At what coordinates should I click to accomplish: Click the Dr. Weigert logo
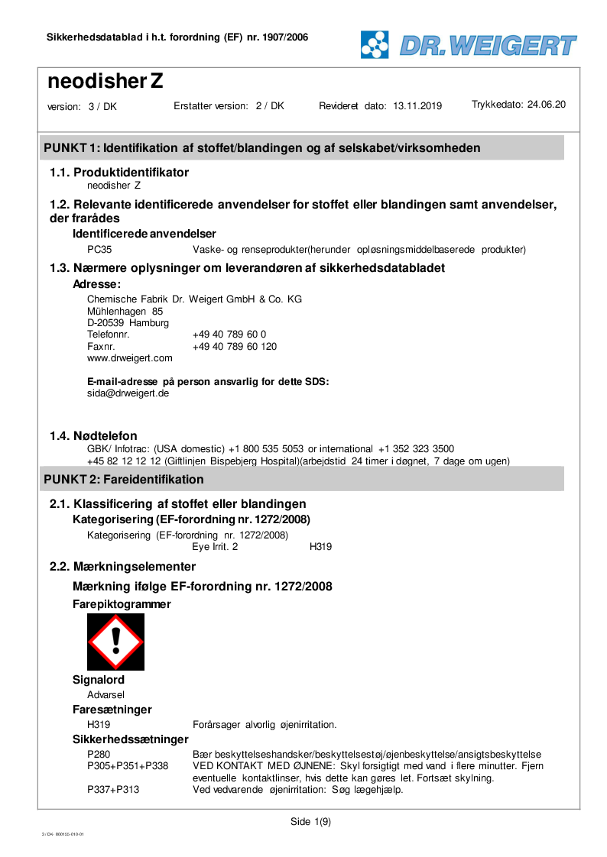pos(469,44)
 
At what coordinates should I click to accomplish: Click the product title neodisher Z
pos(105,81)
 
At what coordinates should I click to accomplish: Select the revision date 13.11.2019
pos(417,106)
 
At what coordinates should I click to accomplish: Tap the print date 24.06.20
pos(547,105)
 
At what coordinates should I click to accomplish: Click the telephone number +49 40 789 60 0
pos(229,335)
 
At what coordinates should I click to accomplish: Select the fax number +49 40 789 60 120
pos(235,346)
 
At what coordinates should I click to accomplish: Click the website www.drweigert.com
pos(130,357)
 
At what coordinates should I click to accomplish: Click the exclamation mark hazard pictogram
pos(115,642)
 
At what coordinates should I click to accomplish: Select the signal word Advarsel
pos(106,694)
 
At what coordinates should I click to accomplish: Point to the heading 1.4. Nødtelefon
pos(93,436)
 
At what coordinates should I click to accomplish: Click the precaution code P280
pos(99,755)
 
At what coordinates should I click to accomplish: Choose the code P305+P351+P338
pos(128,766)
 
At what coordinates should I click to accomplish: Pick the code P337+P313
pos(113,790)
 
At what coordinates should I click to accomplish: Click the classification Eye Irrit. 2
pos(215,547)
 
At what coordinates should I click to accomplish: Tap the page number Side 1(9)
pos(310,822)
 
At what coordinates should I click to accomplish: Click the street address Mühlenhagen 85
pos(125,311)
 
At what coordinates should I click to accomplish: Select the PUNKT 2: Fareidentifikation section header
pos(125,480)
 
